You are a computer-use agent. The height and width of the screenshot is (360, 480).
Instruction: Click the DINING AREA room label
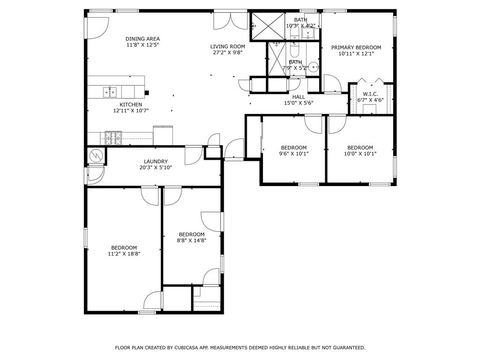coord(142,39)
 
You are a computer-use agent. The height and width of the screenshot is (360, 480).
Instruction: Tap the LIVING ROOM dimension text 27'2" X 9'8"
coord(227,52)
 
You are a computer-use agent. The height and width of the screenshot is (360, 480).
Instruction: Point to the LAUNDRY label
coord(156,161)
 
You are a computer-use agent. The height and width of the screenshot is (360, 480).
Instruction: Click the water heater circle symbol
coord(96,155)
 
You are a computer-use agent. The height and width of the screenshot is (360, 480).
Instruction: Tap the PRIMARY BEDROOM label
coord(356,47)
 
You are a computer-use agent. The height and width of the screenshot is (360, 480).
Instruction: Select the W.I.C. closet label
coord(370,94)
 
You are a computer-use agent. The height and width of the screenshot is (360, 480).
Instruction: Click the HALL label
coord(299,97)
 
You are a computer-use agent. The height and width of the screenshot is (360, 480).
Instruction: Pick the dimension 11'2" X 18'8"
coord(124,254)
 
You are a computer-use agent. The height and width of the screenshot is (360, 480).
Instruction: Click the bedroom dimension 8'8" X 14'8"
coord(192,240)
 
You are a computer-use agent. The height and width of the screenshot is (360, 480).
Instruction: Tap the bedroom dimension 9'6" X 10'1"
coord(294,154)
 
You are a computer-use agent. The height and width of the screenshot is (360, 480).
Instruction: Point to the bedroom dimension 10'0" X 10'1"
coord(360,154)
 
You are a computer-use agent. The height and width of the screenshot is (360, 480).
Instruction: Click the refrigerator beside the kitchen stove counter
coord(163,135)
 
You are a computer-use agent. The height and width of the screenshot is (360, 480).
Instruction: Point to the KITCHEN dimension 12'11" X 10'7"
coord(131,111)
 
